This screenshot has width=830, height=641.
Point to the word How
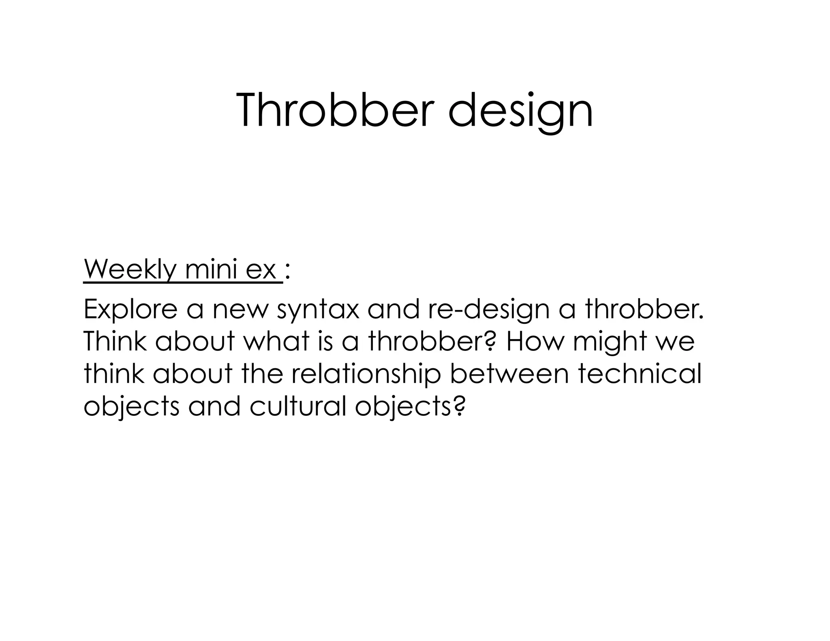pos(534,341)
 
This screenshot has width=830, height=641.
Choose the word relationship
pos(366,374)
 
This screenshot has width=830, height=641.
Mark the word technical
pos(640,374)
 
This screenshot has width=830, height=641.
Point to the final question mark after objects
pos(458,407)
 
